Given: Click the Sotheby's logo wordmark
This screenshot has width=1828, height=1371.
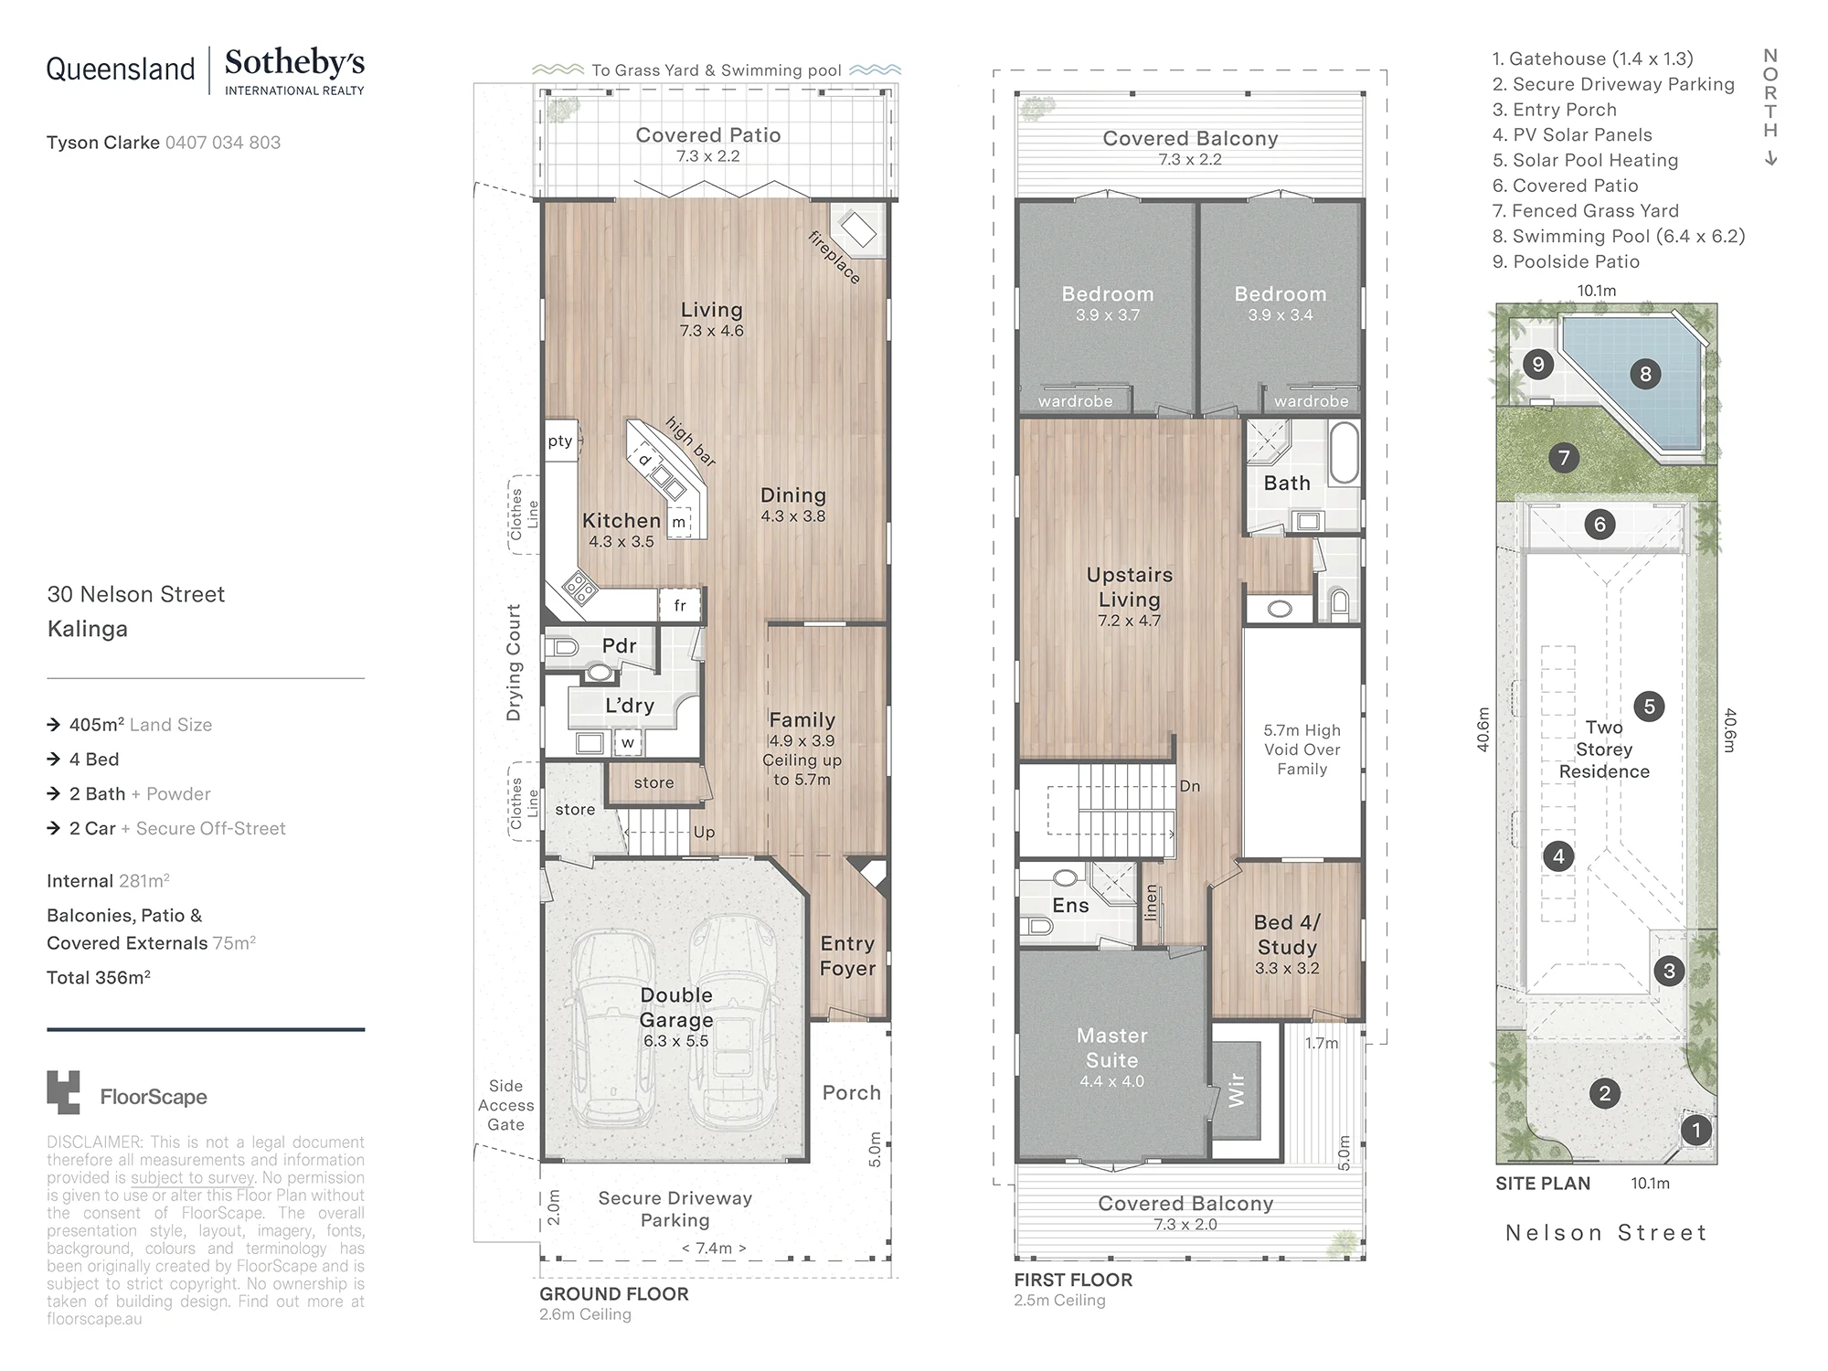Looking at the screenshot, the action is (x=294, y=63).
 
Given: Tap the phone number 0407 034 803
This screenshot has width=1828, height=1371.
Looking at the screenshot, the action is (x=223, y=143).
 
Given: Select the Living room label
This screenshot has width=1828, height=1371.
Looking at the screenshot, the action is (x=711, y=310).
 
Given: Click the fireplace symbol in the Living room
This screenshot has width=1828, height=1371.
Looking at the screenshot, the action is (x=858, y=228).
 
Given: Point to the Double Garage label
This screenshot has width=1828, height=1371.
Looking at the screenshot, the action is (x=676, y=1007).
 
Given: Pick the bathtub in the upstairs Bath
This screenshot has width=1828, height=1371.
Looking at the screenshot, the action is (x=1344, y=452).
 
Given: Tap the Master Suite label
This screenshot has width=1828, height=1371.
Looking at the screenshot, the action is (x=1112, y=1047).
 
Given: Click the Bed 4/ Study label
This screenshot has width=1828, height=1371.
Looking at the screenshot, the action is (x=1287, y=934).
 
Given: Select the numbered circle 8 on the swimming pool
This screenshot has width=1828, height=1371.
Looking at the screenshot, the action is (x=1645, y=374).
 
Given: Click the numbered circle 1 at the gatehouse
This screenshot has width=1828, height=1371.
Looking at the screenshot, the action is (x=1696, y=1131).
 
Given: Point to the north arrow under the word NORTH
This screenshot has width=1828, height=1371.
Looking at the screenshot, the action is (x=1770, y=158).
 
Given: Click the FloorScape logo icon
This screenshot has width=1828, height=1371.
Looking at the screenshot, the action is (x=63, y=1092).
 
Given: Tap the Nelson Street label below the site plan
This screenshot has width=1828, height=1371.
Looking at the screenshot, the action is (x=1606, y=1233).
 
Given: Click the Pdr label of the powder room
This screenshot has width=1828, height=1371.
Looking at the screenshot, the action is (x=619, y=645).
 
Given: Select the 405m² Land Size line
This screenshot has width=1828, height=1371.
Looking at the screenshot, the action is (x=140, y=725).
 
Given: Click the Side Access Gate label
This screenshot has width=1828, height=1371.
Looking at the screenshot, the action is (x=505, y=1105).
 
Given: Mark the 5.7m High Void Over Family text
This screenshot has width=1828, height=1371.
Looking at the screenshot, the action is (x=1302, y=749).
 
